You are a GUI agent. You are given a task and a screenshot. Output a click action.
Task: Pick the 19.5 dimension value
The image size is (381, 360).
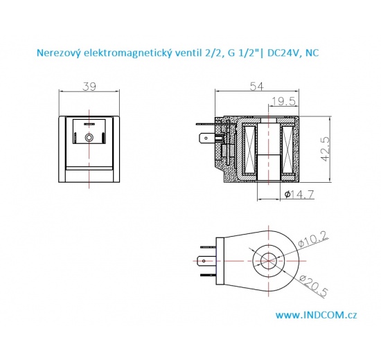(x=283, y=101)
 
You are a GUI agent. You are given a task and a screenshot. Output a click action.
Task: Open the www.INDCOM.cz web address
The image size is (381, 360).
(x=316, y=315)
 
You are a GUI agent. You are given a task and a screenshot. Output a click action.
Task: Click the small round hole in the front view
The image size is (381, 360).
(x=89, y=138)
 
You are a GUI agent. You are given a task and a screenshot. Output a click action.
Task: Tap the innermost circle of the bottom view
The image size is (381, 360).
(x=267, y=262)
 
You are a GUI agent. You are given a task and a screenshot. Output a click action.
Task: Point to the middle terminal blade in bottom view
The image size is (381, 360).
(x=204, y=262)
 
